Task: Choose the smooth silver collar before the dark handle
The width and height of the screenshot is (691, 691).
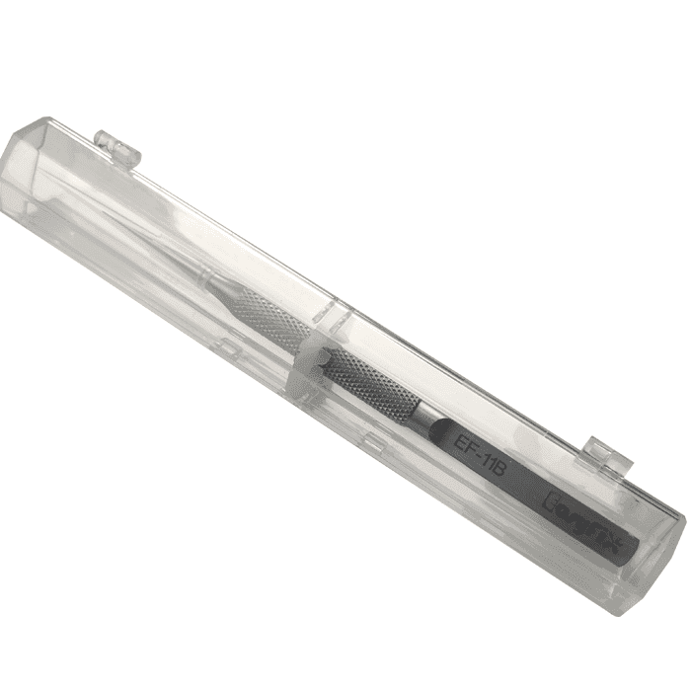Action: tap(425, 419)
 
